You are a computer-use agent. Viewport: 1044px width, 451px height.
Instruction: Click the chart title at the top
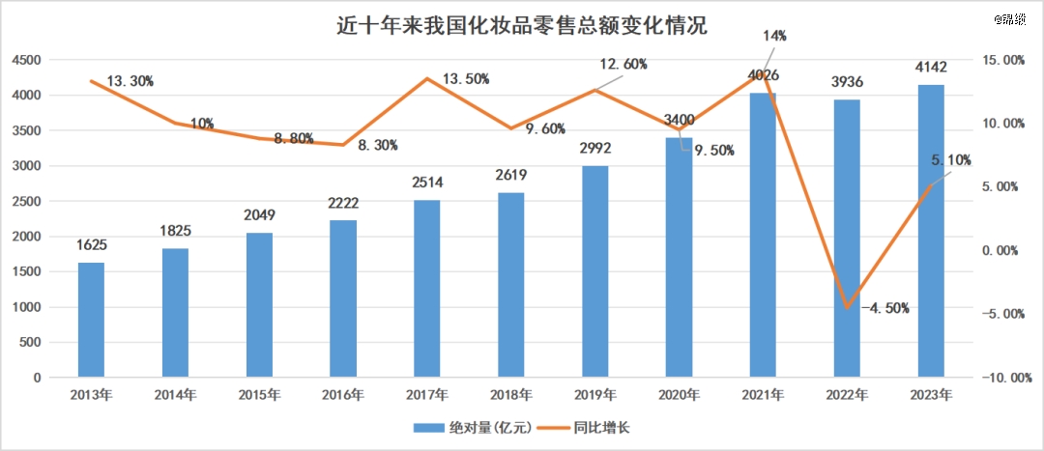point(521,25)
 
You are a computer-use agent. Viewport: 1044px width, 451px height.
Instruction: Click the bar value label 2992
point(595,150)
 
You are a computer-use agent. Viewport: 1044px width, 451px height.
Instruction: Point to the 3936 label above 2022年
point(847,81)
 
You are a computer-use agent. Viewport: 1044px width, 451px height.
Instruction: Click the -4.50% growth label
point(883,308)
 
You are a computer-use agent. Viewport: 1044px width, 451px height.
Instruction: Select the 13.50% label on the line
point(465,78)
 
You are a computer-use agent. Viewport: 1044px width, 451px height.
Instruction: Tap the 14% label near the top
point(774,36)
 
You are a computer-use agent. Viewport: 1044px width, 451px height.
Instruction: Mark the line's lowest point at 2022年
point(847,307)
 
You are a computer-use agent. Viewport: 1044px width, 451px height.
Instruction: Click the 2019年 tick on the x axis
point(595,395)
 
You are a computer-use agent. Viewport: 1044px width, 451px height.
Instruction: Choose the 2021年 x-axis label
point(764,395)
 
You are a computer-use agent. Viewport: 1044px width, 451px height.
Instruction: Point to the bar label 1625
point(91,243)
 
